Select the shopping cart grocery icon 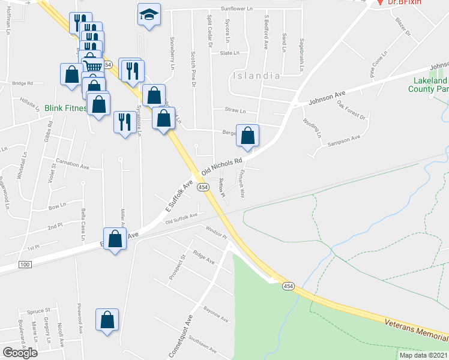point(92,66)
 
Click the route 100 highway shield point(25,265)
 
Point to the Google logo point(20,353)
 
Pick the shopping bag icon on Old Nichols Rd point(247,137)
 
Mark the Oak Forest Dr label point(351,110)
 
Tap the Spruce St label point(38,312)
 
